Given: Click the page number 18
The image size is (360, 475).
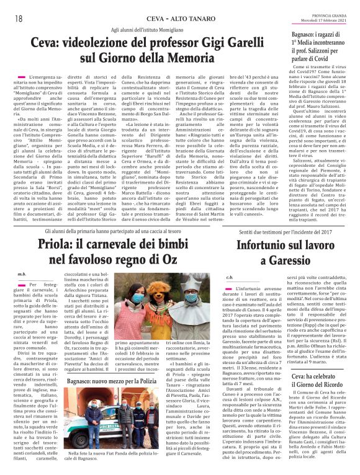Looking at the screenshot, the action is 11,6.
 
